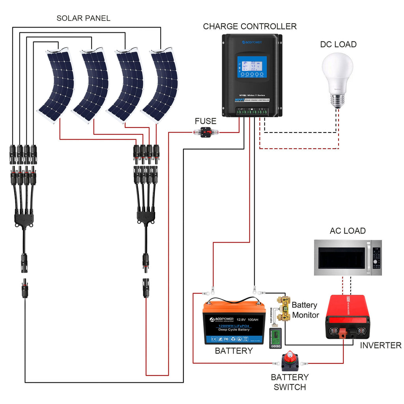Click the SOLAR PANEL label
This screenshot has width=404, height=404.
[83, 18]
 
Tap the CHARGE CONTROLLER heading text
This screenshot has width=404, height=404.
[250, 26]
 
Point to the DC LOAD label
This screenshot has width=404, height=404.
[338, 44]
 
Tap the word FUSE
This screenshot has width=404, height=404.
[206, 121]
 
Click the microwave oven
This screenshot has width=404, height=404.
[348, 258]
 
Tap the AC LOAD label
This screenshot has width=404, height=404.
[348, 231]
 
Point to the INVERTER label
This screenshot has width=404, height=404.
[380, 346]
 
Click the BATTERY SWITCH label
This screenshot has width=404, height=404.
[290, 382]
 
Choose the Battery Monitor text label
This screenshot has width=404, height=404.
[305, 310]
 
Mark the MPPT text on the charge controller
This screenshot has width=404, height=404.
[239, 100]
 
